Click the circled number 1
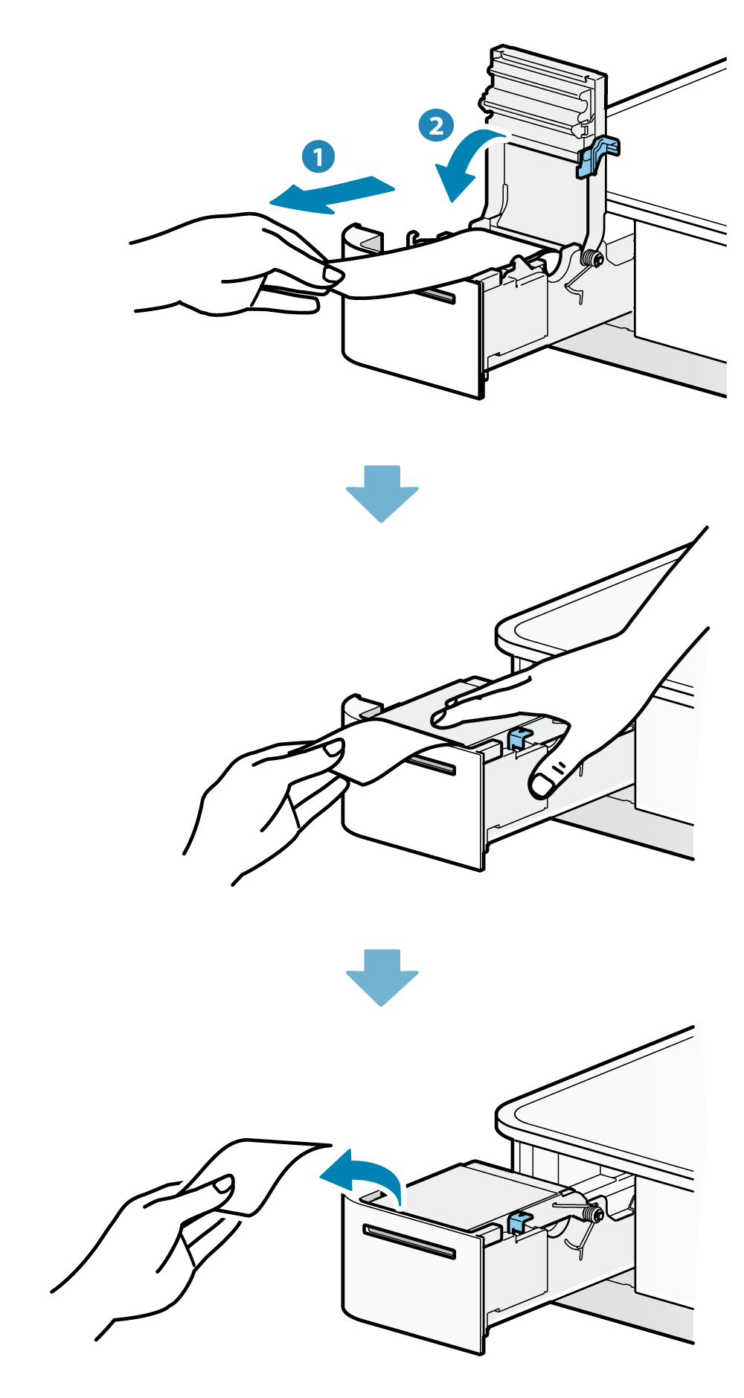[x=318, y=157]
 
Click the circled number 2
[x=435, y=124]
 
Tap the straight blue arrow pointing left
[x=331, y=195]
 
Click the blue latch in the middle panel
[x=518, y=738]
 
